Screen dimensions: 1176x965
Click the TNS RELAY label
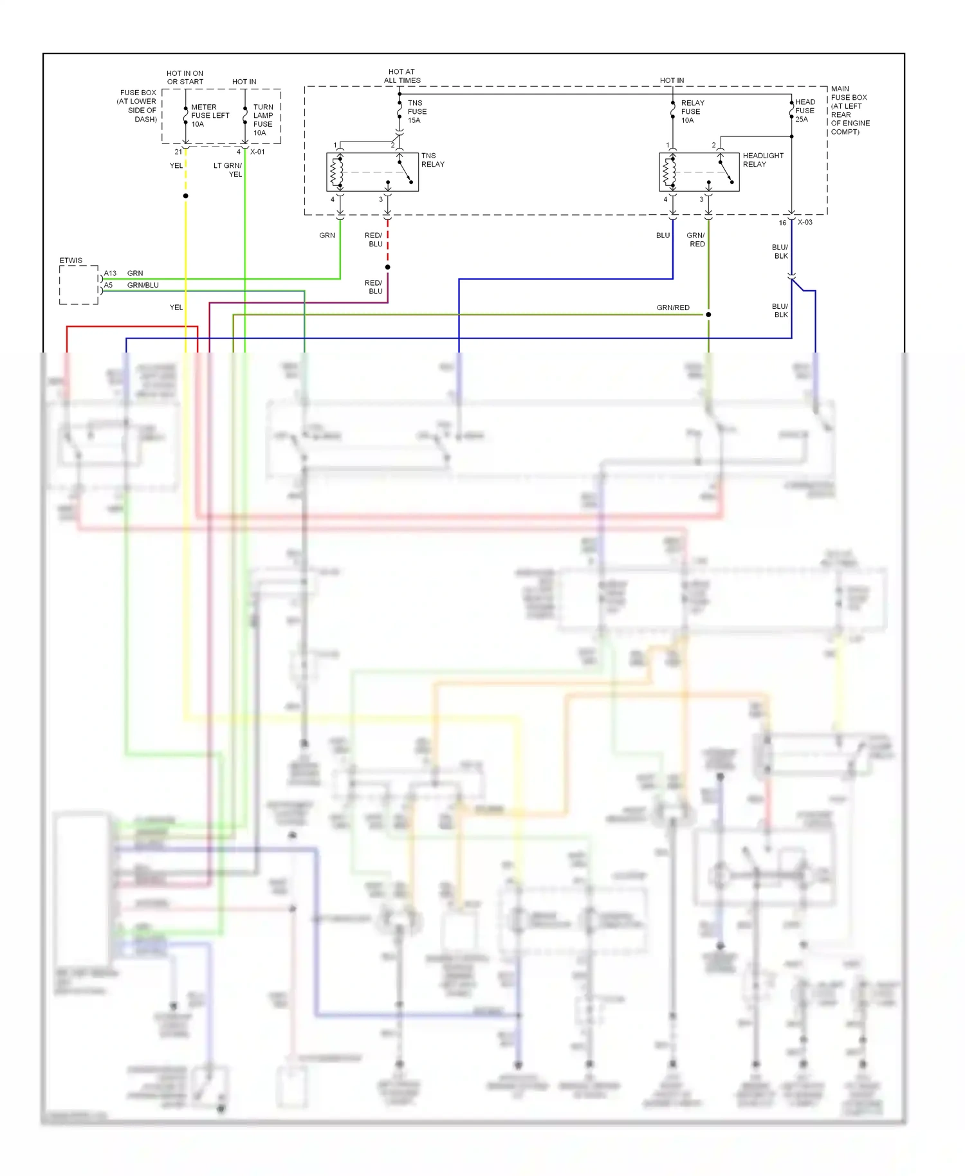(x=432, y=160)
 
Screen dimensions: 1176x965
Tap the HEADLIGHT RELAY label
(x=762, y=160)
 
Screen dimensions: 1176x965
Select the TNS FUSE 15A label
(x=416, y=111)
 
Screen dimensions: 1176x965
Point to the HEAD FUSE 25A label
(x=804, y=111)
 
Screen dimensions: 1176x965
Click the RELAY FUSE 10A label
(x=692, y=111)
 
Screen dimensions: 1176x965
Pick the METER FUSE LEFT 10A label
(x=209, y=116)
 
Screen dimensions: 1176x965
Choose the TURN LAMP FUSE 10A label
(x=262, y=120)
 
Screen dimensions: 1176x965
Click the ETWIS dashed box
(x=78, y=285)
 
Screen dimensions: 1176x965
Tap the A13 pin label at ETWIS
(x=110, y=273)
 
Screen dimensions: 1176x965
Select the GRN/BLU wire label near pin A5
(x=143, y=285)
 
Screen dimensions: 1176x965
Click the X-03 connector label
(x=805, y=223)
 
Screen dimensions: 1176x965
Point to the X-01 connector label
(x=257, y=152)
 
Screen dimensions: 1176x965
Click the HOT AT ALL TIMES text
(x=402, y=76)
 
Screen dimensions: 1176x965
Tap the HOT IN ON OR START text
(x=185, y=77)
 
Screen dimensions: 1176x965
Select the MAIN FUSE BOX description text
(x=849, y=110)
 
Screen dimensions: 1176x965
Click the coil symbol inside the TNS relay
(x=334, y=172)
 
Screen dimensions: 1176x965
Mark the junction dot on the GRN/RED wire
(x=708, y=315)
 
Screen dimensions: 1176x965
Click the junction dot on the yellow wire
(x=185, y=196)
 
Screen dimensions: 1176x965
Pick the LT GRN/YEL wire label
(x=228, y=170)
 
